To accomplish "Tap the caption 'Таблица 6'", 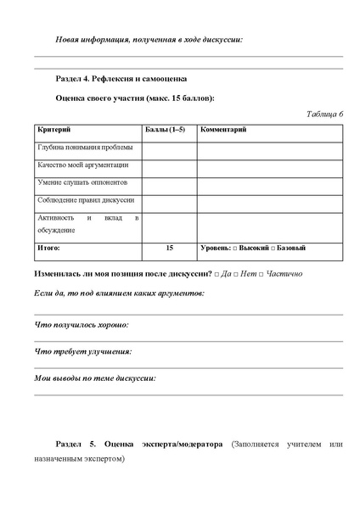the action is (x=323, y=114).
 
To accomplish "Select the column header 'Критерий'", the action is (x=53, y=130).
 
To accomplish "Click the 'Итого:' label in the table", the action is (x=48, y=248).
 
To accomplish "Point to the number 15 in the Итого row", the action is (x=169, y=248).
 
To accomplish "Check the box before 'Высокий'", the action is (x=236, y=248).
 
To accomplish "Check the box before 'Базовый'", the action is (x=273, y=248).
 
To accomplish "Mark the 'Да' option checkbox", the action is (x=217, y=275).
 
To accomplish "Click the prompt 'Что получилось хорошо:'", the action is (x=82, y=325).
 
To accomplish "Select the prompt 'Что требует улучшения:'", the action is (x=82, y=351).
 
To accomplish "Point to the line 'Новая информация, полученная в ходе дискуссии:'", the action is (x=149, y=39).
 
